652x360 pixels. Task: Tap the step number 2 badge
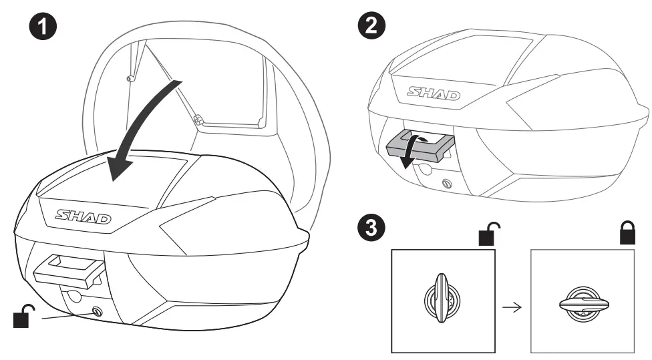(x=371, y=25)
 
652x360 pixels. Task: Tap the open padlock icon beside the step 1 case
(x=25, y=316)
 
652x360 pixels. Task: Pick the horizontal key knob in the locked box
(x=581, y=301)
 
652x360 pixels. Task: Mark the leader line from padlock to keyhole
(x=67, y=316)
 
